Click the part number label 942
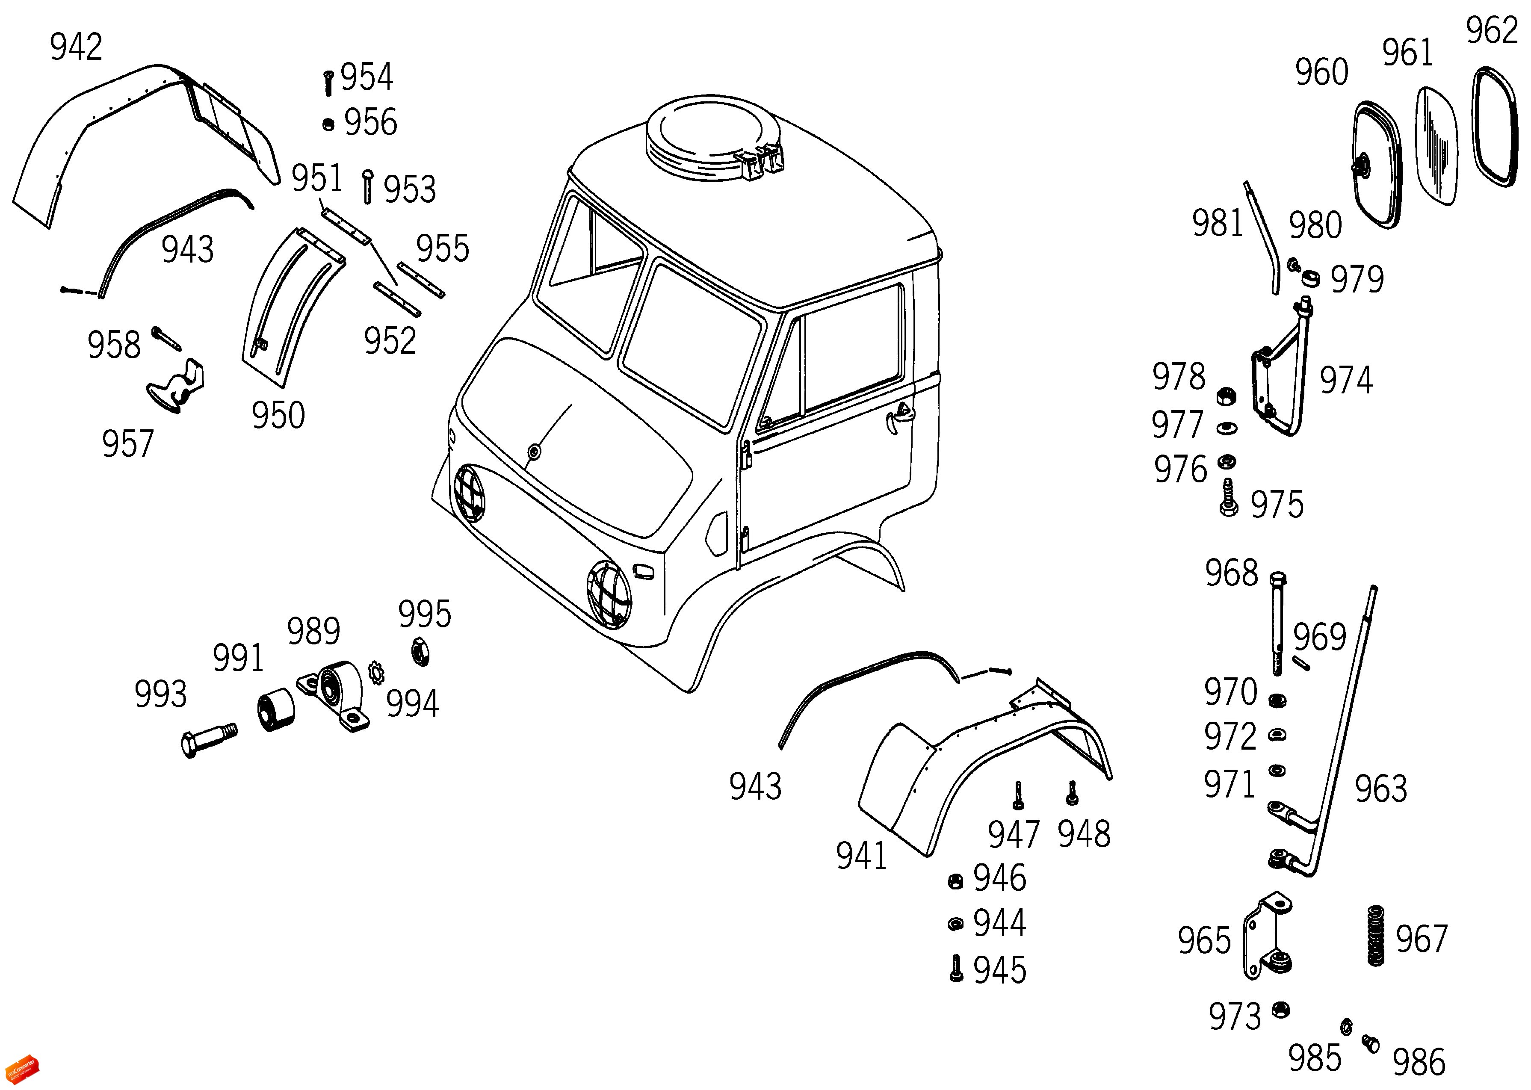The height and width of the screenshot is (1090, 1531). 76,47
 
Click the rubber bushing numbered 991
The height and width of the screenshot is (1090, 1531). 276,712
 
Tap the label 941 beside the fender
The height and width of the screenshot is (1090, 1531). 861,856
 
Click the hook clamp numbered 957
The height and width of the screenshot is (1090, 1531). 177,387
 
